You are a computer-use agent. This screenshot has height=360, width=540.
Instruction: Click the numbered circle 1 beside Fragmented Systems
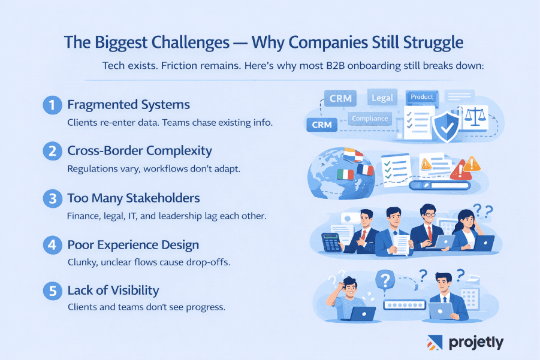click(53, 105)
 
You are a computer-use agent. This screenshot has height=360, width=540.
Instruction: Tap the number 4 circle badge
click(53, 245)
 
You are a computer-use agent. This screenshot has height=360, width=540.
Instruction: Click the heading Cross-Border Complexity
click(139, 151)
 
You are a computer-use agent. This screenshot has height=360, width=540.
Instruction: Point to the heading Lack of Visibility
click(113, 291)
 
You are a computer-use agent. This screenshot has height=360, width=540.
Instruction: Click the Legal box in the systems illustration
click(382, 98)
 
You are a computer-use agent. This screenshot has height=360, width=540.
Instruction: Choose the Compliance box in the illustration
click(370, 119)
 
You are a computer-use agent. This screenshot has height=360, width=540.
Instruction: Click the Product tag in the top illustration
click(423, 97)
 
